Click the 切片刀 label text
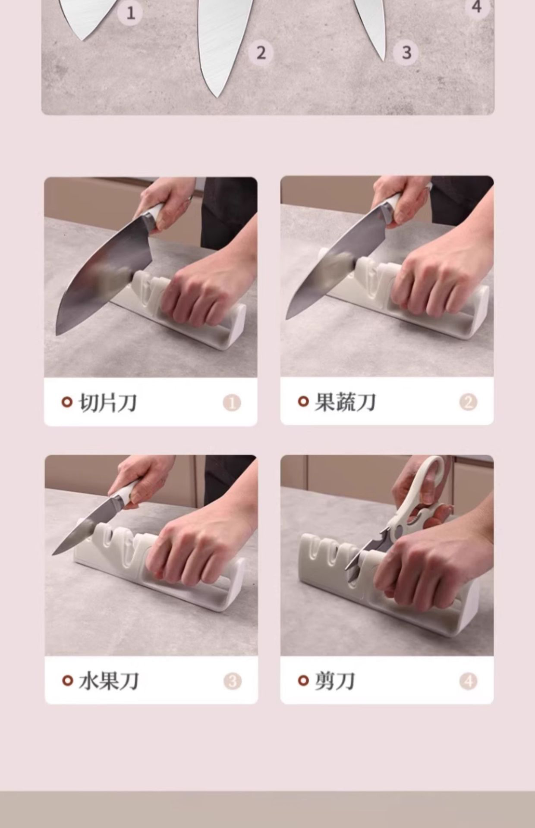(x=108, y=403)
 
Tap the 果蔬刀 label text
(x=345, y=402)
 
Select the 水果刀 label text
(x=108, y=681)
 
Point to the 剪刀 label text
(x=334, y=681)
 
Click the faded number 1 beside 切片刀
(x=232, y=403)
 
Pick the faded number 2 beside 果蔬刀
(x=468, y=402)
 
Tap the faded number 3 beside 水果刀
(x=233, y=681)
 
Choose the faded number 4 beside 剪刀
(x=468, y=681)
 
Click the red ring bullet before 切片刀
(x=67, y=402)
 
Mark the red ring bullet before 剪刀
(x=303, y=681)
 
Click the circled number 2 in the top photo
(x=261, y=53)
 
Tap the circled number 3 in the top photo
(x=406, y=53)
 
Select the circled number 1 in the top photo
(x=130, y=13)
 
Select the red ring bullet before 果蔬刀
(x=303, y=401)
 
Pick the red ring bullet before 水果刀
(x=67, y=681)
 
